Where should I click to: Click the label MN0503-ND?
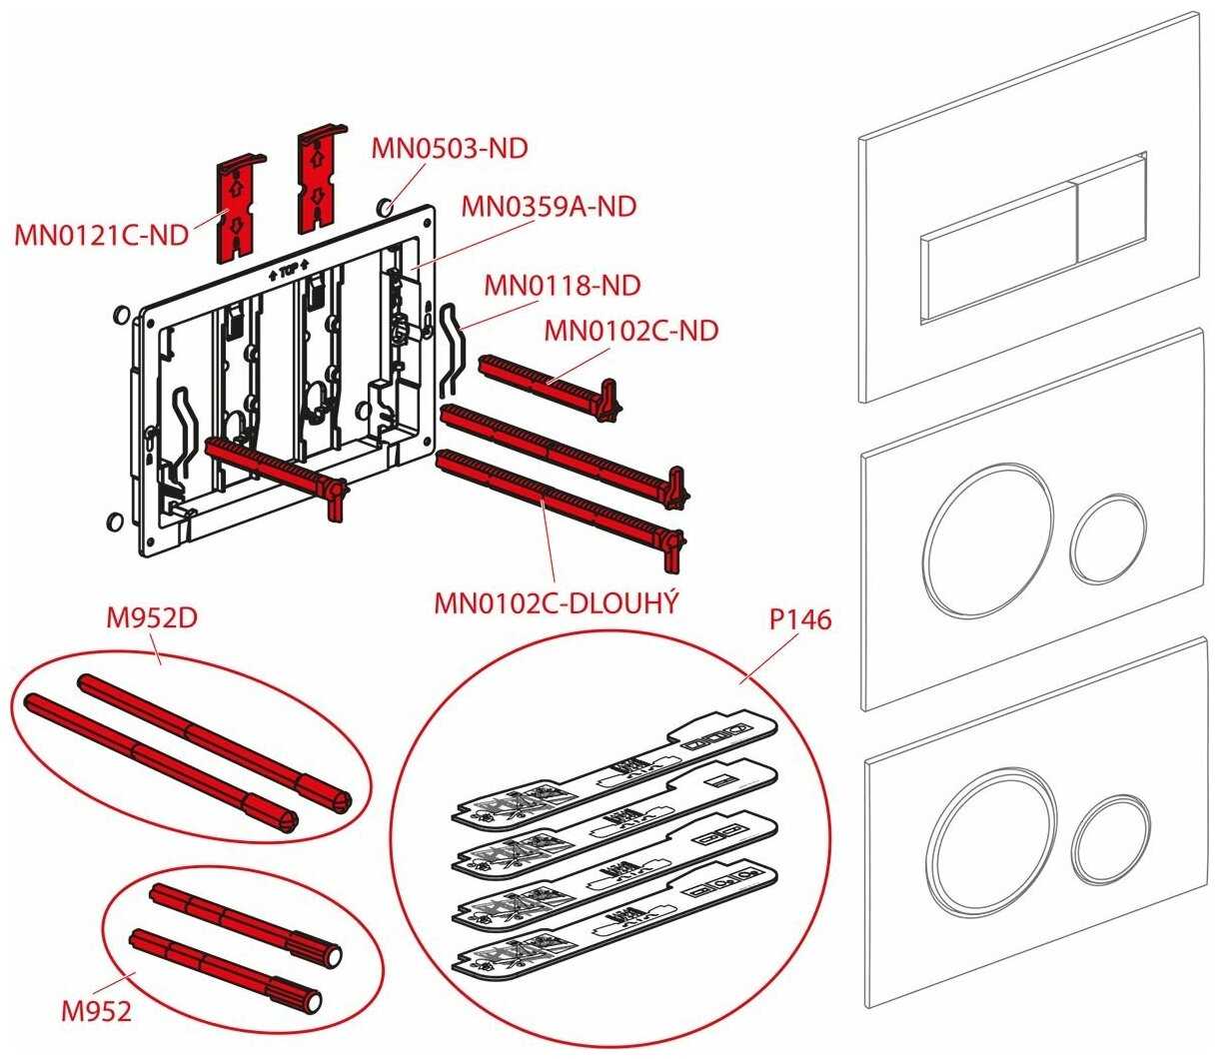point(449,148)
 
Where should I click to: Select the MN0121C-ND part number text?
point(101,236)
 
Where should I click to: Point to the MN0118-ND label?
point(562,286)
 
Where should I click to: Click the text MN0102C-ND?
point(630,331)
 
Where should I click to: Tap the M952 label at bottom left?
point(97,1011)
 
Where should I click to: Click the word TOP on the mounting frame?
point(288,271)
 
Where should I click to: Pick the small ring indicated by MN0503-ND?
point(385,208)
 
